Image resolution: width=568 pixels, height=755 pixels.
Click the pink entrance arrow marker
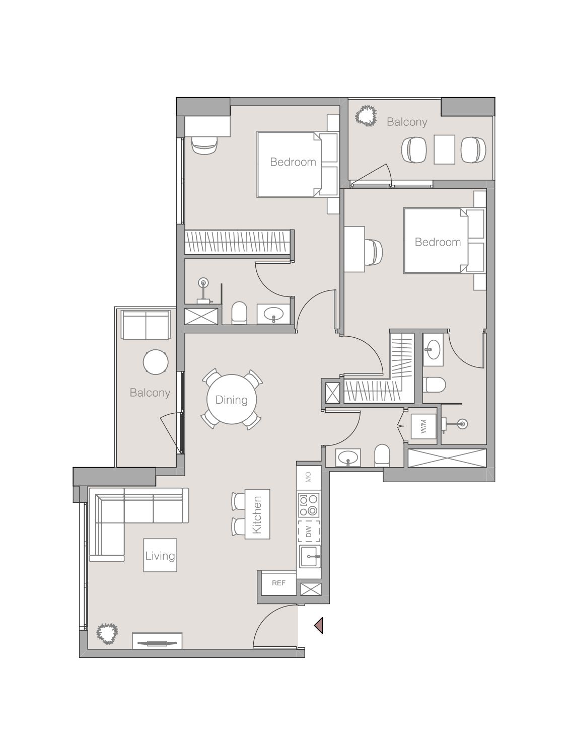point(318,625)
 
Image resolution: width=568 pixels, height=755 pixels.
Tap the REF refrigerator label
point(278,583)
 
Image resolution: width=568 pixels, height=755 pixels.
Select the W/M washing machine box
point(422,427)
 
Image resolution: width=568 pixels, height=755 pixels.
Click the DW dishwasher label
point(309,531)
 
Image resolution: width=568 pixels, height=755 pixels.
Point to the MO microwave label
point(309,477)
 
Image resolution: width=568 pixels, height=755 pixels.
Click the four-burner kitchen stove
point(309,505)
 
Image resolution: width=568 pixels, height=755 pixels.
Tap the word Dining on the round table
point(232,400)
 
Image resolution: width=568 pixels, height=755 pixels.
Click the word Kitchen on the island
point(257,514)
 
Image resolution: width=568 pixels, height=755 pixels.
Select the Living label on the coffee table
point(160,556)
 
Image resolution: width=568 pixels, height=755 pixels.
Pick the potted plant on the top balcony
point(366,116)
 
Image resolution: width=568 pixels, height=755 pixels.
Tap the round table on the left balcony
point(156,362)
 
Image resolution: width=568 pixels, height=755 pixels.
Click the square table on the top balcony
point(444,149)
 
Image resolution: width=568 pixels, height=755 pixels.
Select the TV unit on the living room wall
point(157,642)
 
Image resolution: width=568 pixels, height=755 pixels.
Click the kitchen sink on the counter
point(309,557)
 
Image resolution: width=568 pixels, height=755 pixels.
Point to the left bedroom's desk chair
point(205,145)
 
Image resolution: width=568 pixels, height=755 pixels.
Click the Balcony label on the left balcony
point(150,393)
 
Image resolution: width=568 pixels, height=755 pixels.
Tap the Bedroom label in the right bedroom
point(438,242)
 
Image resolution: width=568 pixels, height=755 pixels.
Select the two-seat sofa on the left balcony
point(146,325)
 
